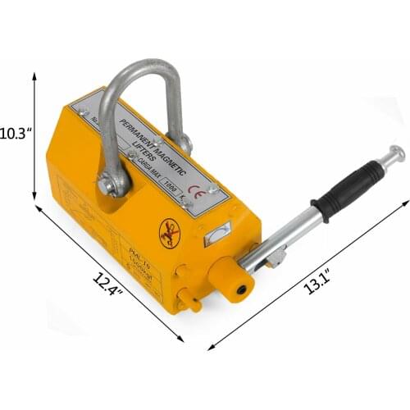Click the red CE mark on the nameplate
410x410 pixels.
195,171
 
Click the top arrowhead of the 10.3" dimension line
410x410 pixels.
34,72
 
